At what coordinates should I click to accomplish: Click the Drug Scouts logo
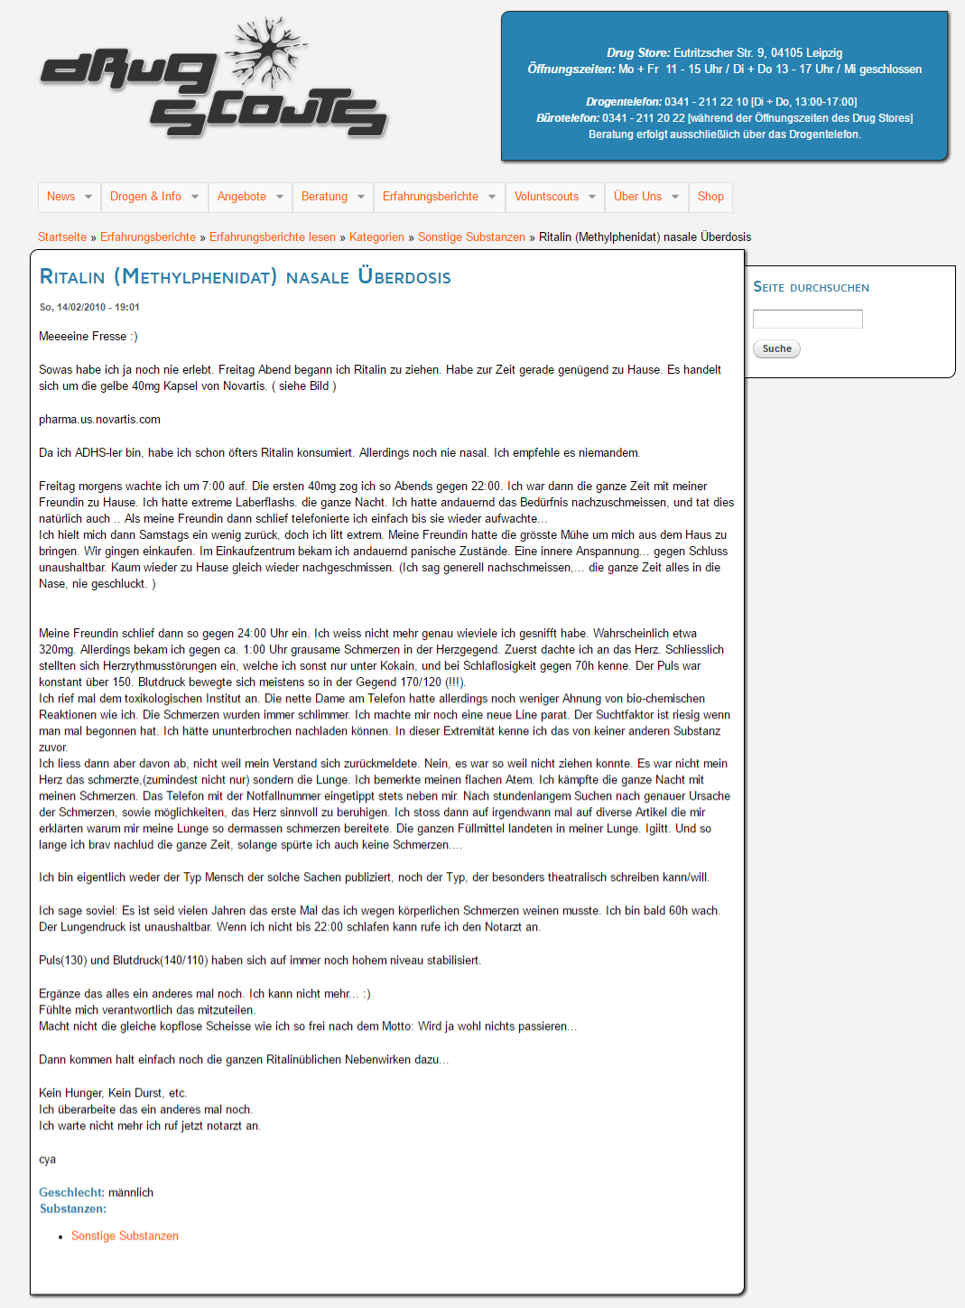[x=214, y=79]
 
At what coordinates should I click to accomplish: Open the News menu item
[x=61, y=197]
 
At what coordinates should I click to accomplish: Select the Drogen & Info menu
[x=145, y=197]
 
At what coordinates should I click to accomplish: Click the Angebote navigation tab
[x=242, y=197]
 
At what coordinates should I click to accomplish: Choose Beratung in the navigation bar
[x=324, y=197]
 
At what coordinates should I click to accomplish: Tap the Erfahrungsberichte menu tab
[x=431, y=197]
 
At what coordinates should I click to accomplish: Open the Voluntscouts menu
[x=546, y=197]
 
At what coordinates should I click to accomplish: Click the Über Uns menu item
[x=637, y=197]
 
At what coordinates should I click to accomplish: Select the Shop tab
[x=710, y=197]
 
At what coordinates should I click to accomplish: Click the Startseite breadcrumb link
[x=62, y=237]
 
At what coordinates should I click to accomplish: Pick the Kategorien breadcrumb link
[x=376, y=237]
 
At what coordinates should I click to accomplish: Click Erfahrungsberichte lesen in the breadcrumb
[x=273, y=237]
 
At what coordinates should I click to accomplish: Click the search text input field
[x=808, y=319]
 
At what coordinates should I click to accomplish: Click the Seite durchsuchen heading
[x=811, y=287]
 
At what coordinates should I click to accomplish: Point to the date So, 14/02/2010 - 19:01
[x=89, y=307]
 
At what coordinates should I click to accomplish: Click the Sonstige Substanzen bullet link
[x=125, y=1236]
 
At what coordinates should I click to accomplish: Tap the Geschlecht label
[x=71, y=1192]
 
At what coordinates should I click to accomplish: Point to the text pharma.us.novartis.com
[x=99, y=419]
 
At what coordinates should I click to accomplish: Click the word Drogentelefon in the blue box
[x=623, y=102]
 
